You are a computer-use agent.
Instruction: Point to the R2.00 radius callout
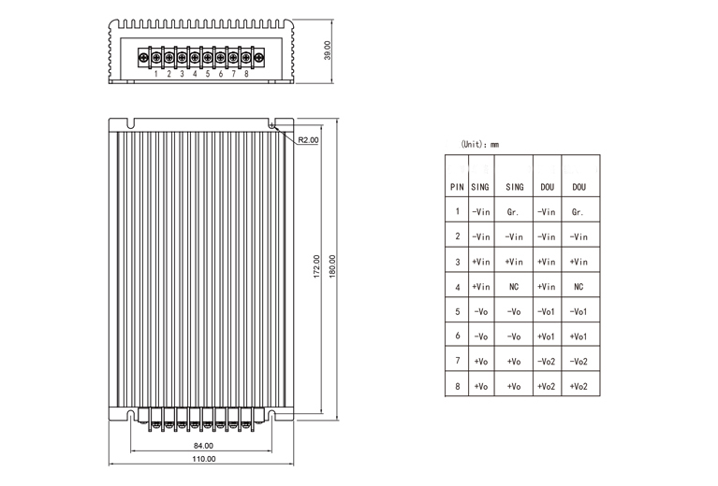click(307, 140)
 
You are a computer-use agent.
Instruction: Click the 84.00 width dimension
click(203, 446)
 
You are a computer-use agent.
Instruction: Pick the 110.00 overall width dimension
click(203, 459)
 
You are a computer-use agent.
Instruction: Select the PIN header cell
click(457, 187)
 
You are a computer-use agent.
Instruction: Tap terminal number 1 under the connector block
click(155, 73)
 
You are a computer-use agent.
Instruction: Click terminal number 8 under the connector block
click(246, 73)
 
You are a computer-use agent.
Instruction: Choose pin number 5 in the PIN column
click(457, 311)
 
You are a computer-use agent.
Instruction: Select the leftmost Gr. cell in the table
click(513, 212)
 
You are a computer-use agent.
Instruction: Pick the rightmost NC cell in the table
click(579, 287)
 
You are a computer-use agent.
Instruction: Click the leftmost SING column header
click(480, 187)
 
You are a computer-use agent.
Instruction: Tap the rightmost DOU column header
click(579, 187)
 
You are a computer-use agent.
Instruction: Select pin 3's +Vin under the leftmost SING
click(481, 262)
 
